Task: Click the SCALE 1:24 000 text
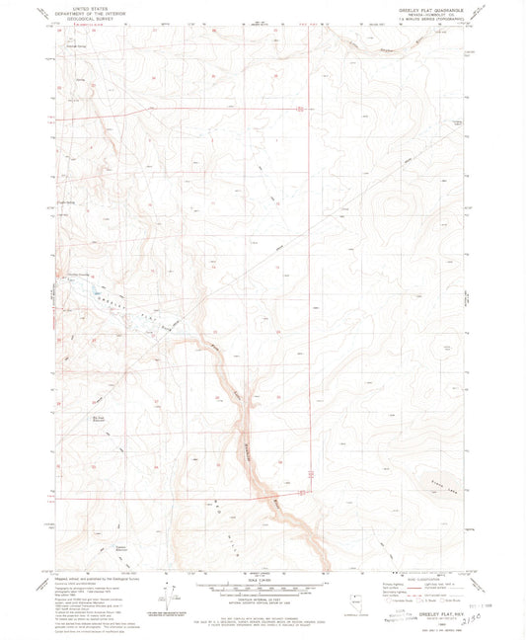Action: (x=263, y=580)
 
